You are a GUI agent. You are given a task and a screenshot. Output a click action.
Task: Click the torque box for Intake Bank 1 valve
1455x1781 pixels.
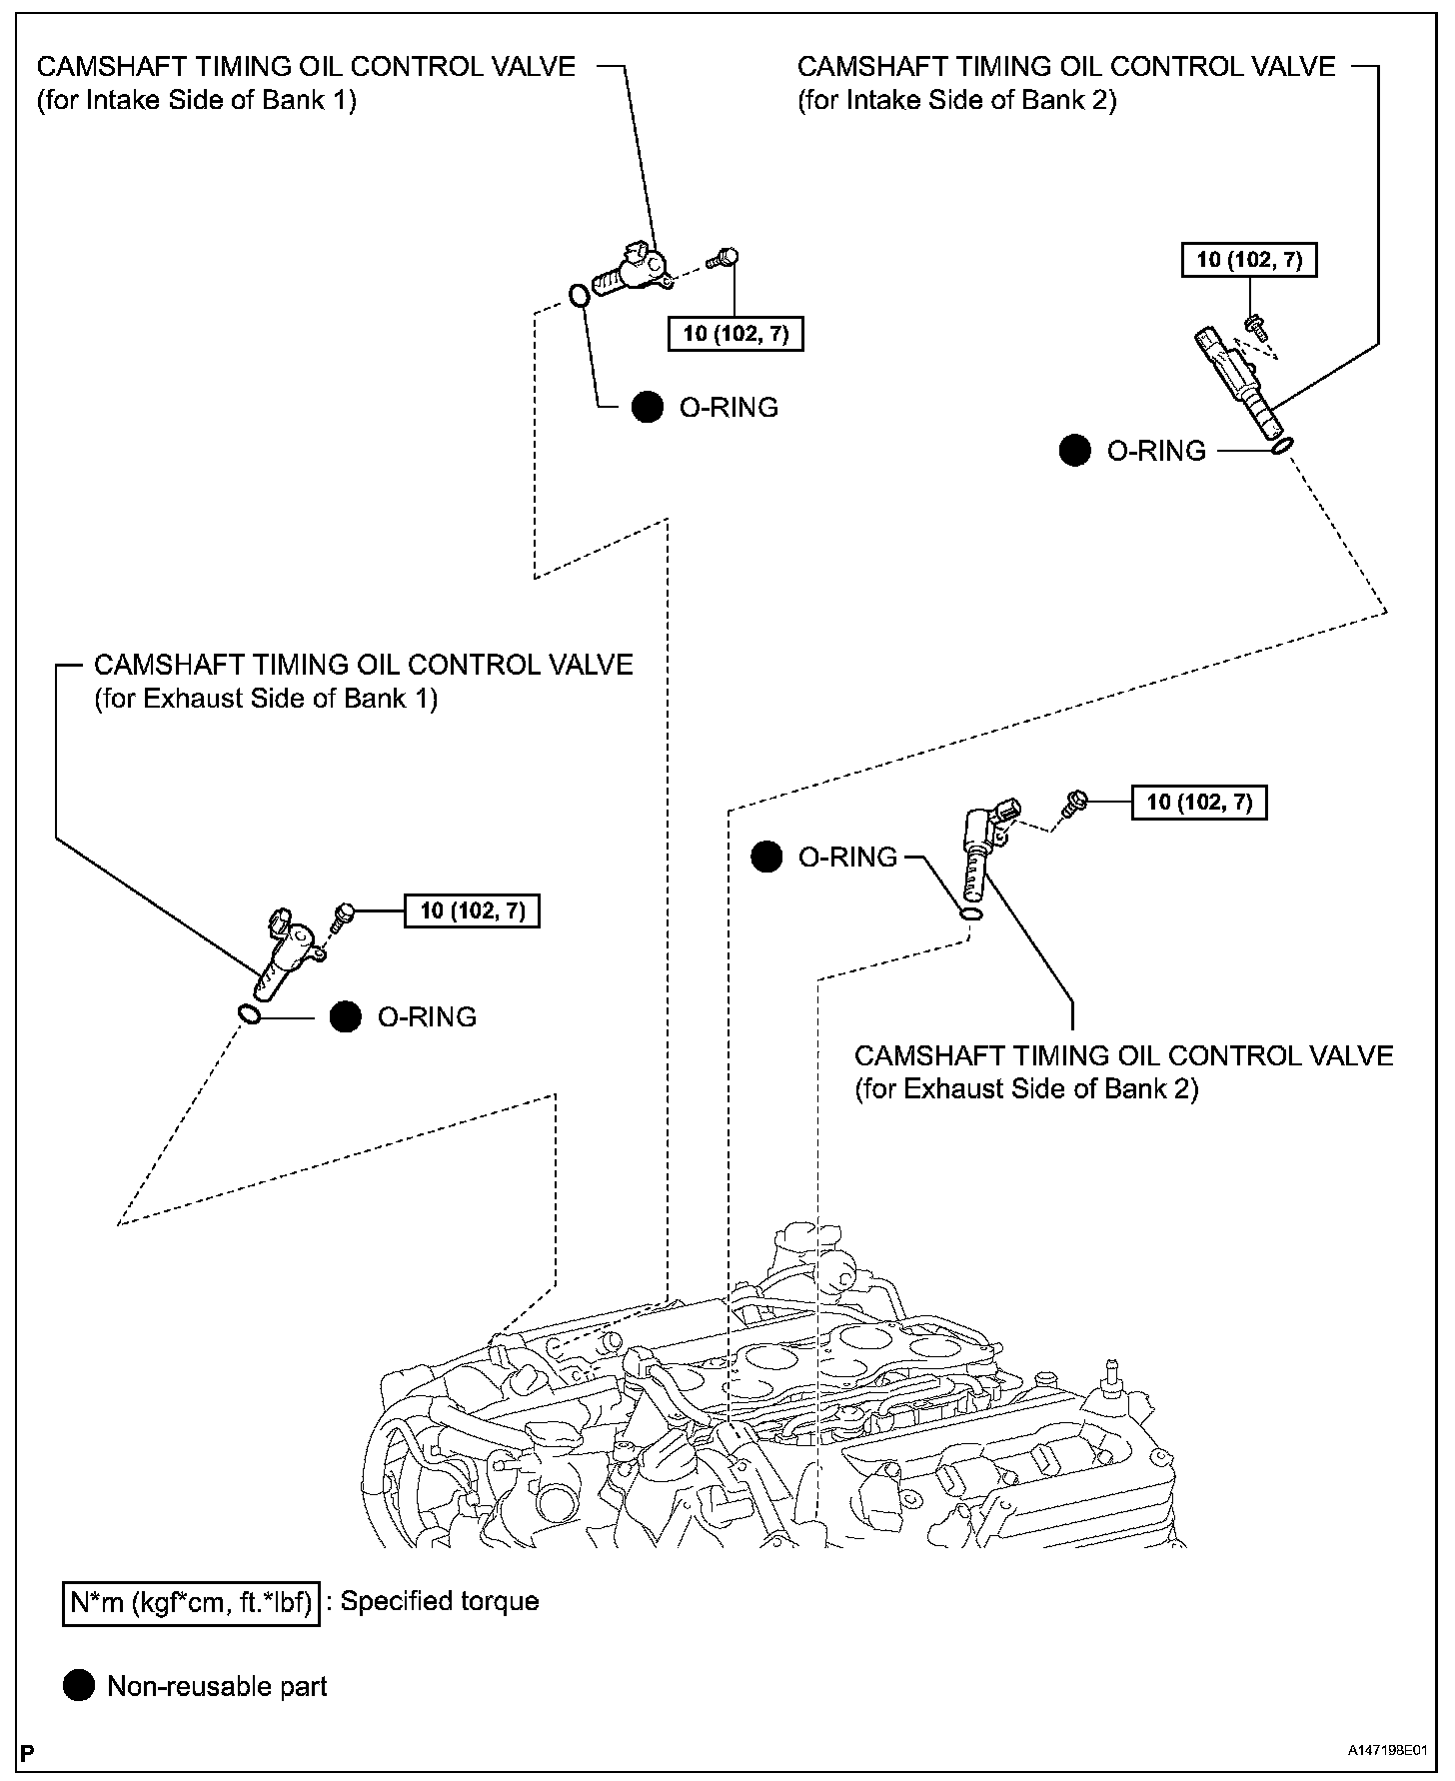(734, 334)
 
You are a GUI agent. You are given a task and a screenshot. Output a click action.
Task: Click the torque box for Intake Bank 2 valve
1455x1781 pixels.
(1249, 260)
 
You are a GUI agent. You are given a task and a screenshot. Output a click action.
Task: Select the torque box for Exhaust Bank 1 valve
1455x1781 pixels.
(472, 910)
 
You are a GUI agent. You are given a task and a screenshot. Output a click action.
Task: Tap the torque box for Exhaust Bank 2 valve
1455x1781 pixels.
(1199, 802)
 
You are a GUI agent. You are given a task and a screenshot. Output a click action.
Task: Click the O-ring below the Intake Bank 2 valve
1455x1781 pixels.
(1283, 445)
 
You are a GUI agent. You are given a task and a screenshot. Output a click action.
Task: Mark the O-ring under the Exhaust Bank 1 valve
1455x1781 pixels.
(249, 1015)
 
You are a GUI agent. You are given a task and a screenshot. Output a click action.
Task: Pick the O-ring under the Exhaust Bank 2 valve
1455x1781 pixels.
(971, 913)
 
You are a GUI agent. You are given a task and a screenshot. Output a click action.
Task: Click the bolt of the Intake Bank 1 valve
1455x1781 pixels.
(723, 258)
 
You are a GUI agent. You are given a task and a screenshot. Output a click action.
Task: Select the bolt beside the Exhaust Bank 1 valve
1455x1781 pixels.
(343, 913)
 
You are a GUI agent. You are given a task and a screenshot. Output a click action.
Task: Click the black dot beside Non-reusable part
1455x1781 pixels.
(79, 1686)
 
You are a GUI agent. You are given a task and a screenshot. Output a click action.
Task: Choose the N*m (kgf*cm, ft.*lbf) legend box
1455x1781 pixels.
(191, 1602)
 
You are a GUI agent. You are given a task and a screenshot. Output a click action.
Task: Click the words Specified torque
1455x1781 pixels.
(440, 1601)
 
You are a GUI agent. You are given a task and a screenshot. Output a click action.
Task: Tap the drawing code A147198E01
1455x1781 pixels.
(1386, 1752)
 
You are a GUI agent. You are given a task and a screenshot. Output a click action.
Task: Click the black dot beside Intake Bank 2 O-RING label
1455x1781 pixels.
(1075, 451)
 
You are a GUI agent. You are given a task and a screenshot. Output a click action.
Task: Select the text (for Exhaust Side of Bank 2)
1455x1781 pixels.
(1026, 1088)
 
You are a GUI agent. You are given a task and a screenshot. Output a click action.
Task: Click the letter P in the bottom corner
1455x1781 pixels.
(27, 1752)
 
